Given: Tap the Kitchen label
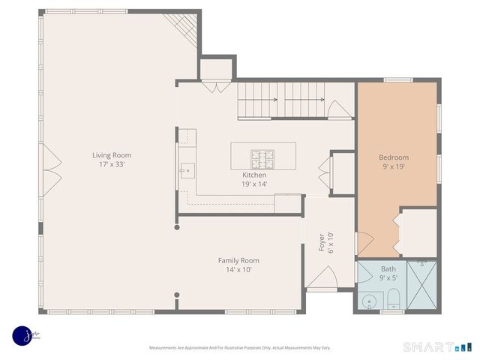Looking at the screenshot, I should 253,175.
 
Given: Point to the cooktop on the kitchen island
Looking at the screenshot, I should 262,157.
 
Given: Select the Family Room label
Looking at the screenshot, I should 238,260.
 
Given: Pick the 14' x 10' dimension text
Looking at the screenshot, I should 238,269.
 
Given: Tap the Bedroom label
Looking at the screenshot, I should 394,157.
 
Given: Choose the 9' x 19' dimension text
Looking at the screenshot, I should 394,167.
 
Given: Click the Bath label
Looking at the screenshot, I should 388,268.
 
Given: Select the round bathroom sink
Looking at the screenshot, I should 367,301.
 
